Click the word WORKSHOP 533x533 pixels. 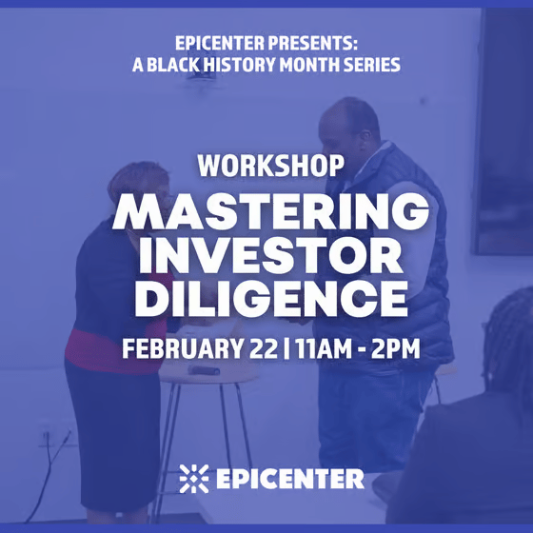270,166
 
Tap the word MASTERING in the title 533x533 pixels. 270,211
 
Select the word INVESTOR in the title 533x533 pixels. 271,255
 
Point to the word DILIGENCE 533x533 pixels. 271,299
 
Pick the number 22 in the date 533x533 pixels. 264,348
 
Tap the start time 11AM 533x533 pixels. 324,348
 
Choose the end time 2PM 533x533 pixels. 395,348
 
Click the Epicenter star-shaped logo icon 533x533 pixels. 194,479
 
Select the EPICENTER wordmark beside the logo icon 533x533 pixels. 290,479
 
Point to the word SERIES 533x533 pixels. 371,65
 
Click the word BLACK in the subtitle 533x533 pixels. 172,65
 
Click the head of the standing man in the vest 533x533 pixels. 348,124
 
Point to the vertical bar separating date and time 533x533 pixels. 286,348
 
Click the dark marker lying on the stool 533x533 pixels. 204,370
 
